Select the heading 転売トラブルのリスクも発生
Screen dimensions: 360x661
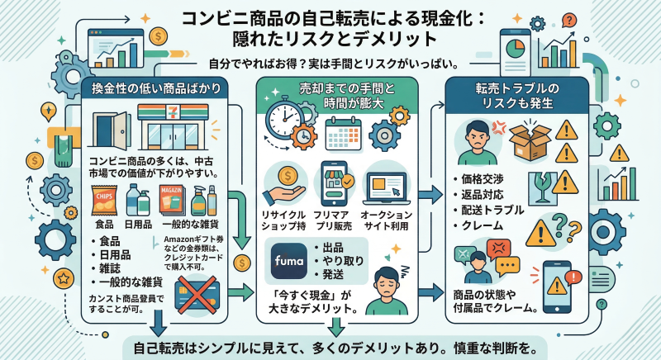pyautogui.click(x=513, y=93)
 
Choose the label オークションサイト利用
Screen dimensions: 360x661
pyautogui.click(x=384, y=220)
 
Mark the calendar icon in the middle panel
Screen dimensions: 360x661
pyautogui.click(x=340, y=131)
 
